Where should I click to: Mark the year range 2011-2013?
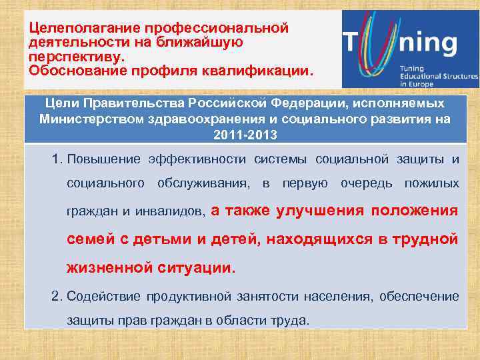coord(245,135)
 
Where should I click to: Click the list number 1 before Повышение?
coord(57,159)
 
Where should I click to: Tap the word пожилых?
coord(433,183)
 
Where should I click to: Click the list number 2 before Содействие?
coord(57,296)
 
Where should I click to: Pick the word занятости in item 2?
coord(261,296)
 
